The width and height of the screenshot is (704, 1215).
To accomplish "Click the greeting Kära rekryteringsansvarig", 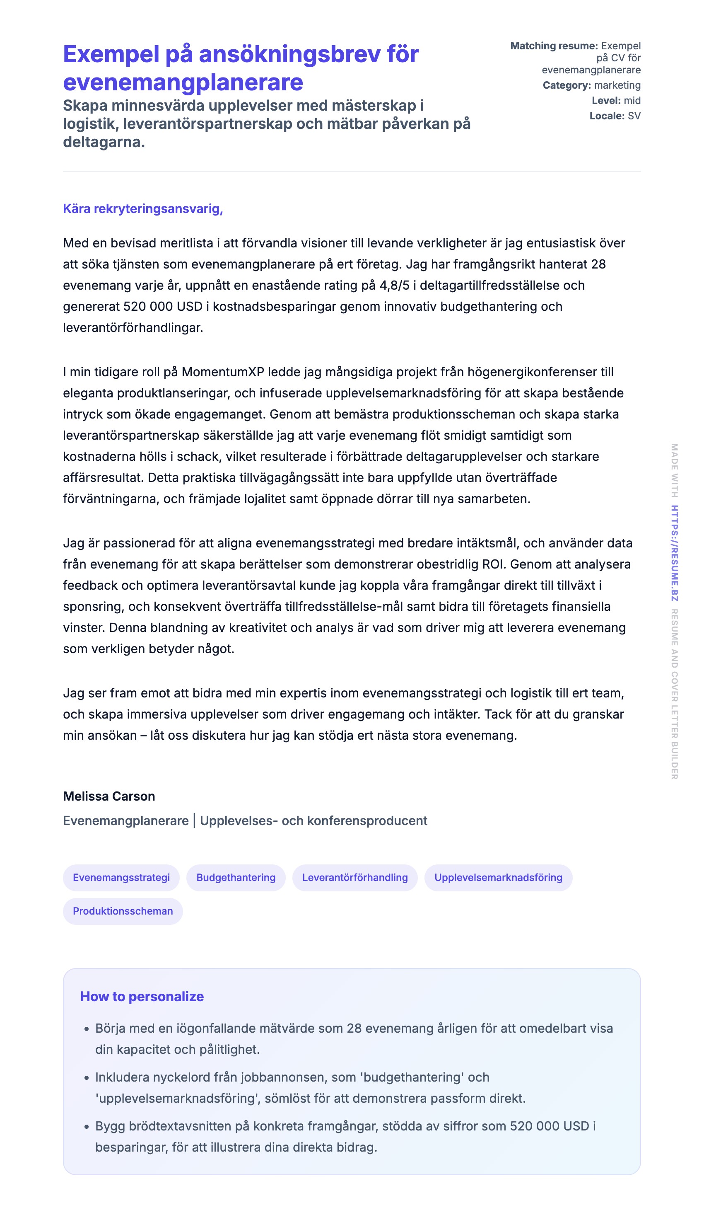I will coord(142,209).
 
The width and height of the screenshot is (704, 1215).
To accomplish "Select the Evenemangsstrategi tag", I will coord(121,878).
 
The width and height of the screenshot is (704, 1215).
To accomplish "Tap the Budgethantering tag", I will coord(236,878).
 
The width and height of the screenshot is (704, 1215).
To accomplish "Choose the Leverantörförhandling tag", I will coord(354,878).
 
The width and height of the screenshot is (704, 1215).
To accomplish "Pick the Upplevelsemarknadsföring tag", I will coord(498,878).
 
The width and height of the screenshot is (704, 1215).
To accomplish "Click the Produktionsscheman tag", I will coord(123,911).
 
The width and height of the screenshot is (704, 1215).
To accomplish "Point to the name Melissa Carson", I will coord(109,796).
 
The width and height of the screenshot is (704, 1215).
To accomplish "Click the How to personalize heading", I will coord(142,997).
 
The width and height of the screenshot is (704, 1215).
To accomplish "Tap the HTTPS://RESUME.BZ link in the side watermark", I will coord(675,553).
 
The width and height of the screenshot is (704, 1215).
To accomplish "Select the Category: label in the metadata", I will coord(566,85).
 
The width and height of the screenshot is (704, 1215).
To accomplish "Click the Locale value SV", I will coord(634,116).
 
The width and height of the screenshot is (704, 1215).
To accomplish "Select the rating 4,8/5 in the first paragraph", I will coord(394,286).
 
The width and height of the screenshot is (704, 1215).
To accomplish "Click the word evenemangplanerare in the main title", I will coord(183,82).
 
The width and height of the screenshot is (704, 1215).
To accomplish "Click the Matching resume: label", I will coord(554,46).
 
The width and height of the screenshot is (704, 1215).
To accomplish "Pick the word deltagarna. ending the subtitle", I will coord(104,142).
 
